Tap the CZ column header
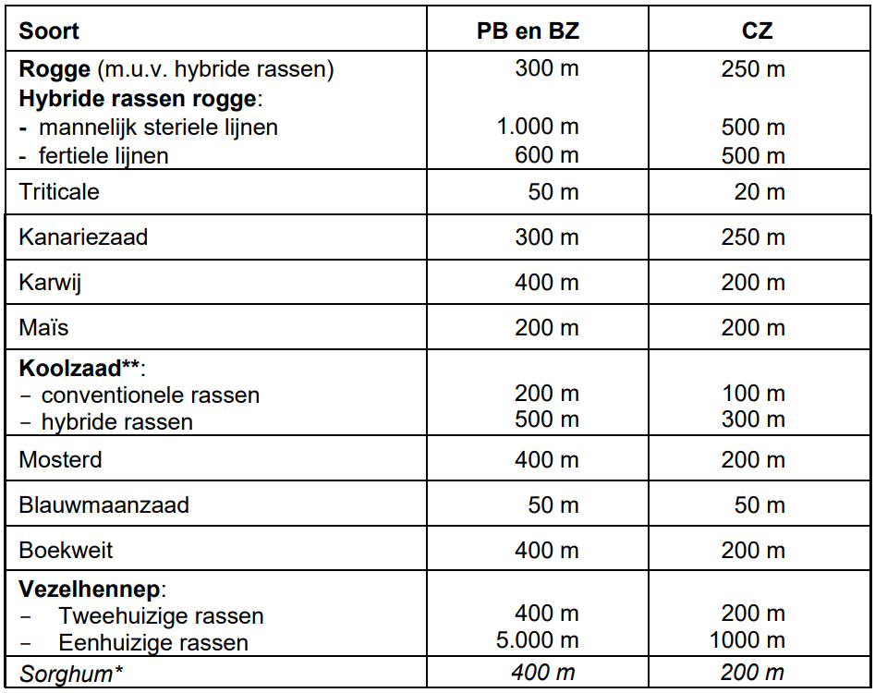757,31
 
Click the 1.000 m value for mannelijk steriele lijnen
538,127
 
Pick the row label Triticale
59,192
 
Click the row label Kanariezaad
83,237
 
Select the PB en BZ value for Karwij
546,283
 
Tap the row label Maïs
43,328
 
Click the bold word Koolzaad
70,368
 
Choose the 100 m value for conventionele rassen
753,395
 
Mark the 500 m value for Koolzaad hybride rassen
546,422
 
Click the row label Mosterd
61,460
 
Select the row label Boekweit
66,551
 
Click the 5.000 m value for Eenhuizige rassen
538,641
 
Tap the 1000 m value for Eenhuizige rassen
747,641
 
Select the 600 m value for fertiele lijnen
546,155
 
